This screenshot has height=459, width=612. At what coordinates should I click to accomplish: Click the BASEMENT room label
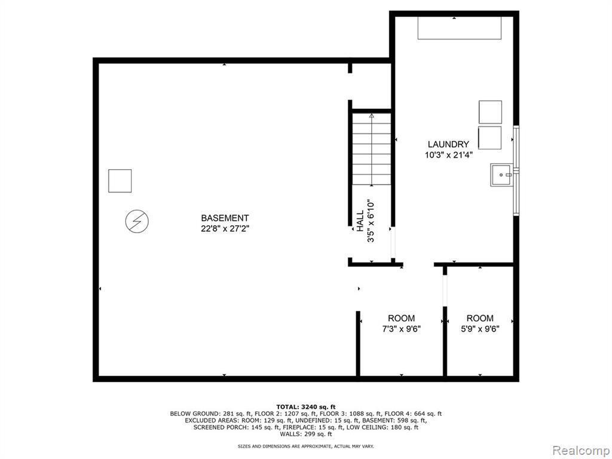(224, 218)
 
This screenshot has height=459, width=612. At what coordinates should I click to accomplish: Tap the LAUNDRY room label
(448, 144)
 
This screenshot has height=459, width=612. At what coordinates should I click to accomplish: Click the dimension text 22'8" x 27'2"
(225, 228)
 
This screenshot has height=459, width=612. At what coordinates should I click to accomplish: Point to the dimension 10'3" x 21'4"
(448, 154)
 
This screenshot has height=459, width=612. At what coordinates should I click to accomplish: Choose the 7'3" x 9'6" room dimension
(400, 328)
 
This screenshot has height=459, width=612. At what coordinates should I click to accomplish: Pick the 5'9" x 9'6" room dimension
(480, 328)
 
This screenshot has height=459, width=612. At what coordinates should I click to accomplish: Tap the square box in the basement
(120, 180)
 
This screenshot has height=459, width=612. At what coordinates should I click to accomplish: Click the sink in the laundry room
(501, 175)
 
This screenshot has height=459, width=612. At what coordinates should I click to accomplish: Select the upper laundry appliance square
(490, 112)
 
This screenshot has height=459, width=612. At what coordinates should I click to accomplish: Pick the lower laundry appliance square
(490, 137)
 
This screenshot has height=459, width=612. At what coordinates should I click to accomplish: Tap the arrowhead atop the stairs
(372, 115)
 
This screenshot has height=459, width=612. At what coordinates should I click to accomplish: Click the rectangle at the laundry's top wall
(458, 27)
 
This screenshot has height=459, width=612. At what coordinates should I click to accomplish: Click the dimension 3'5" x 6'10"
(371, 221)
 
